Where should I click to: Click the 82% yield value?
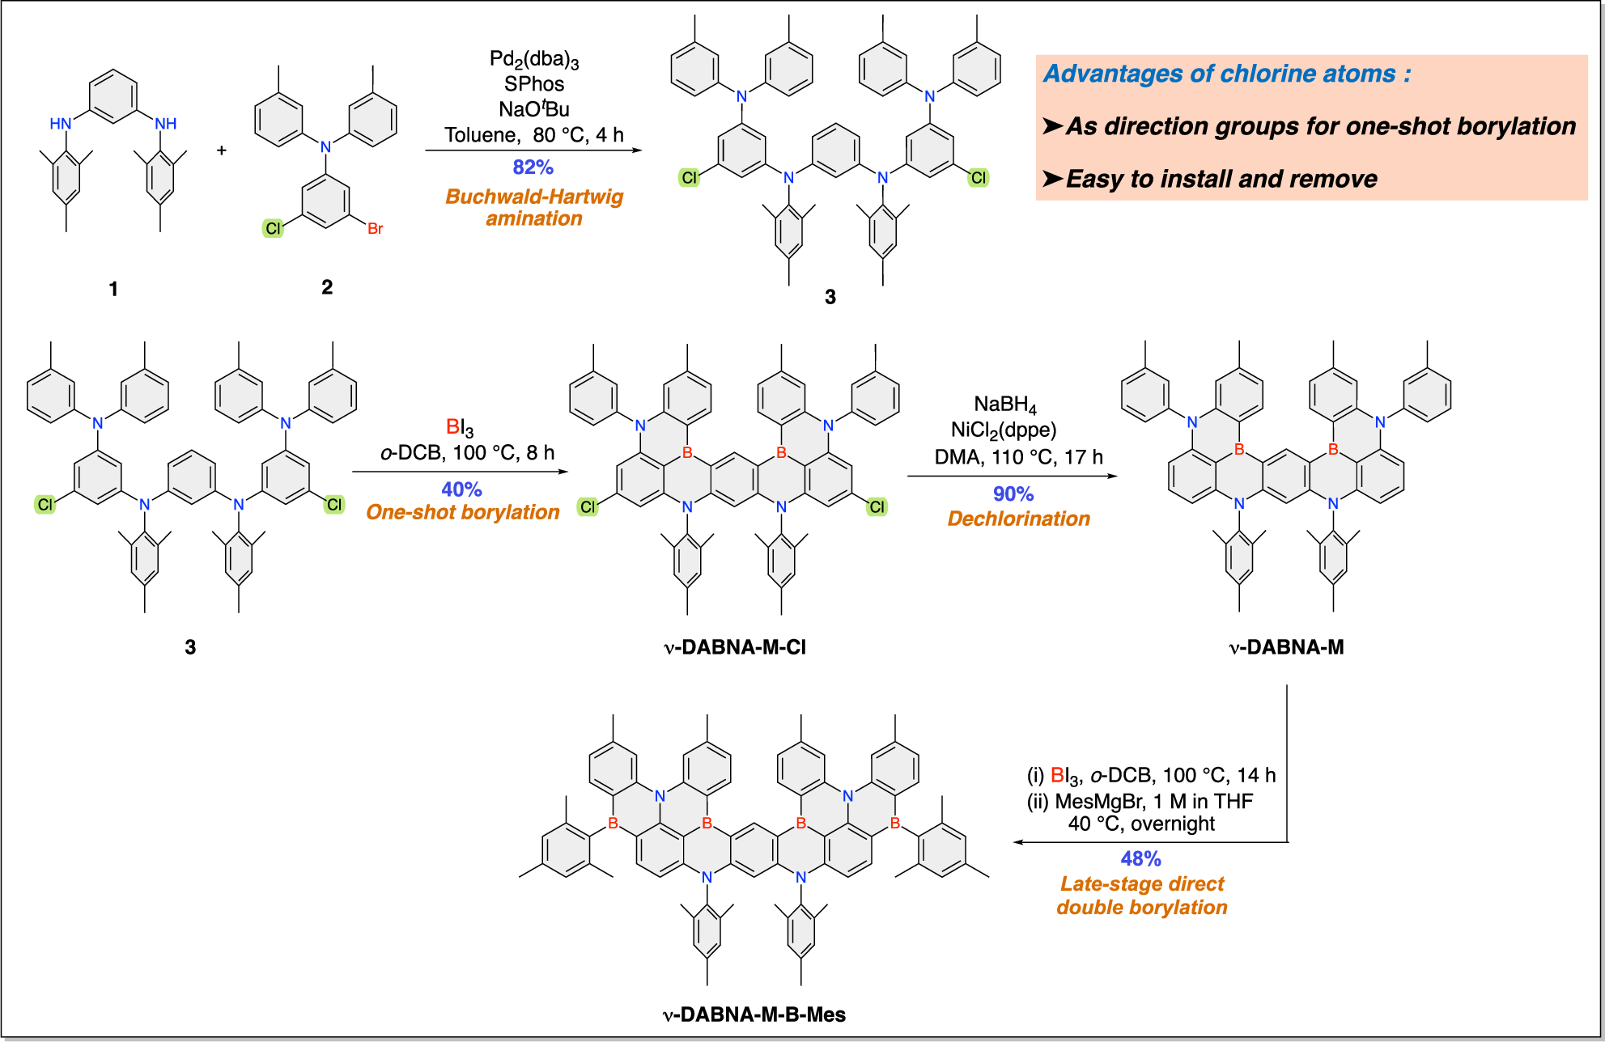click(533, 167)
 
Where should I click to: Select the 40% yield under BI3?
click(461, 489)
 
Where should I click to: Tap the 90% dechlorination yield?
click(1013, 494)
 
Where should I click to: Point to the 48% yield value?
click(1140, 859)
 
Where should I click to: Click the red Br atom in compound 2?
click(375, 229)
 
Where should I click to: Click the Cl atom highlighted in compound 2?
click(273, 229)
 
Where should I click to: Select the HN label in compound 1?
click(61, 124)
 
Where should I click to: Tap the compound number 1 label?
click(113, 289)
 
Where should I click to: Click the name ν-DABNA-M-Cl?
click(734, 647)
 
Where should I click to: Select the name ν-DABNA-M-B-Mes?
click(754, 1014)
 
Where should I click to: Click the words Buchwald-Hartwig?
click(534, 197)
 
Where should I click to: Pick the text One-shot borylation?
click(462, 512)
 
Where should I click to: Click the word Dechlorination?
click(1018, 519)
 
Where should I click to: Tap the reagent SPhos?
click(533, 84)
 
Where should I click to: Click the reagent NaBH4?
click(1004, 405)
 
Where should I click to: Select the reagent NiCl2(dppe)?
click(1004, 430)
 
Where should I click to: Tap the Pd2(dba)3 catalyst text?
click(534, 59)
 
